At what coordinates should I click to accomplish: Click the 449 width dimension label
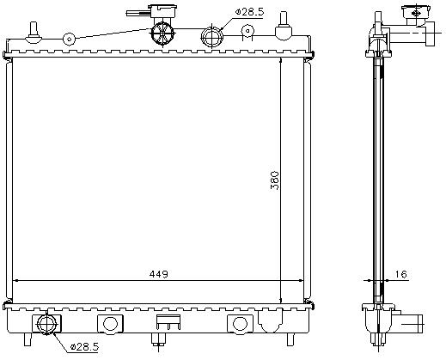pos(158,274)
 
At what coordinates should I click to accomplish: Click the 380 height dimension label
pos(275,180)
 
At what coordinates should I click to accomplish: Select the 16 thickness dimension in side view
pos(400,274)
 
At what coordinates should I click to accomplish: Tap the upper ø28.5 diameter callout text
pos(249,12)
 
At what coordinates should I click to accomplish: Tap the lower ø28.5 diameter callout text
pos(84,347)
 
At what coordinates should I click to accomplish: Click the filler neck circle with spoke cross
pos(162,34)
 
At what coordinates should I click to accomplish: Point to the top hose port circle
pos(212,37)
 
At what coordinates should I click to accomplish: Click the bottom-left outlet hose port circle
pos(46,324)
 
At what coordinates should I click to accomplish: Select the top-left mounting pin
pos(34,32)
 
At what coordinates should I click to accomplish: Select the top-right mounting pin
pos(284,27)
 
